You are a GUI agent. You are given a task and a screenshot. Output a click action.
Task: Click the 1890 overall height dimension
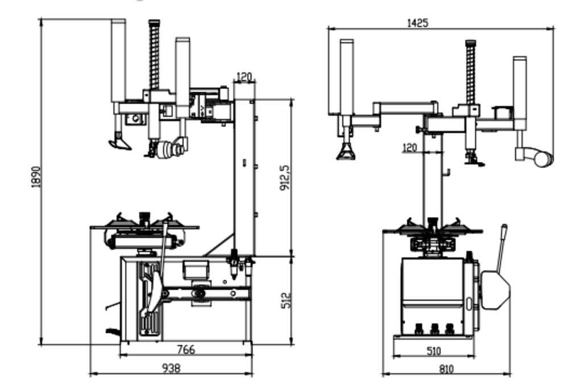tap(36, 177)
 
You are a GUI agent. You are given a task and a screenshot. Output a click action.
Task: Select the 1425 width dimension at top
tap(418, 23)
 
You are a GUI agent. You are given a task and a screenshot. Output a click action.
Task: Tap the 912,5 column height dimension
tap(285, 178)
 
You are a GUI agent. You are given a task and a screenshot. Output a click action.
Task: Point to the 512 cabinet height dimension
tap(286, 300)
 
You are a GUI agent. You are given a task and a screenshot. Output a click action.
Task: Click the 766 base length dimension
tap(186, 349)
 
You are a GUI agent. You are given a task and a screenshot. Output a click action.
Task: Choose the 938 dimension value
tap(171, 369)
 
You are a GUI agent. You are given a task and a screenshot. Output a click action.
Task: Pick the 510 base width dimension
tap(434, 351)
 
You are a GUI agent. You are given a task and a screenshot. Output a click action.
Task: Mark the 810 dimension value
tap(446, 369)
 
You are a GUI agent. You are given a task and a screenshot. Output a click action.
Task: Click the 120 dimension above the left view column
tap(244, 77)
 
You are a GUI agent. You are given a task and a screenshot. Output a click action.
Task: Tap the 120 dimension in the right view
tap(410, 148)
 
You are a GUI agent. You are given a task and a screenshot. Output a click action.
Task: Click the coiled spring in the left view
tap(154, 55)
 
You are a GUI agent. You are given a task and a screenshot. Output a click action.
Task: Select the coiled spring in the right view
tap(471, 72)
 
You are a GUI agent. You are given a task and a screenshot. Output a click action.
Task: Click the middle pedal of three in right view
tap(435, 329)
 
